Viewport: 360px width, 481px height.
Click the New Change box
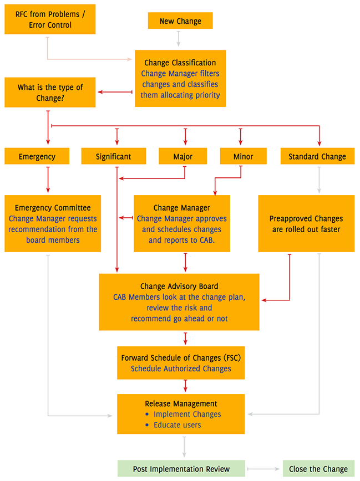tap(180, 21)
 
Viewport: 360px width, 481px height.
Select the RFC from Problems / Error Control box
tap(49, 19)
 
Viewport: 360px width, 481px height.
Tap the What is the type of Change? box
tap(50, 92)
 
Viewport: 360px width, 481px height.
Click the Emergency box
tap(37, 156)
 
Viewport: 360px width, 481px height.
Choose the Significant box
tap(114, 156)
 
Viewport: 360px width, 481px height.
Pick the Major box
tap(183, 156)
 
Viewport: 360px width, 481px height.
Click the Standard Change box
tap(317, 156)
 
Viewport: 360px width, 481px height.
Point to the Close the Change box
tap(318, 469)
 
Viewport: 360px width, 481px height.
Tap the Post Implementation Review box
tap(181, 469)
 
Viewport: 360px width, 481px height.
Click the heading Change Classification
tap(180, 63)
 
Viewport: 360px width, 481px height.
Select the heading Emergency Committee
tap(53, 208)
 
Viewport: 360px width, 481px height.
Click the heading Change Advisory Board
tap(179, 286)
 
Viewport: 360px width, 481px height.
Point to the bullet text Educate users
tap(177, 424)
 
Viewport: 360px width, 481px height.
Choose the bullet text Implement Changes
tap(187, 414)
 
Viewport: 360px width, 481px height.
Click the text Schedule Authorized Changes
tap(181, 368)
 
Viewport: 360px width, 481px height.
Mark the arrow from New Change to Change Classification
tap(178, 39)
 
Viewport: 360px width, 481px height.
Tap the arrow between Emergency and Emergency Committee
tap(48, 179)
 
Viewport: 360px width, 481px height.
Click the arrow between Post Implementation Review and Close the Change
tap(263, 469)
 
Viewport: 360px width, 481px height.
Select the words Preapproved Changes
tap(306, 218)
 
